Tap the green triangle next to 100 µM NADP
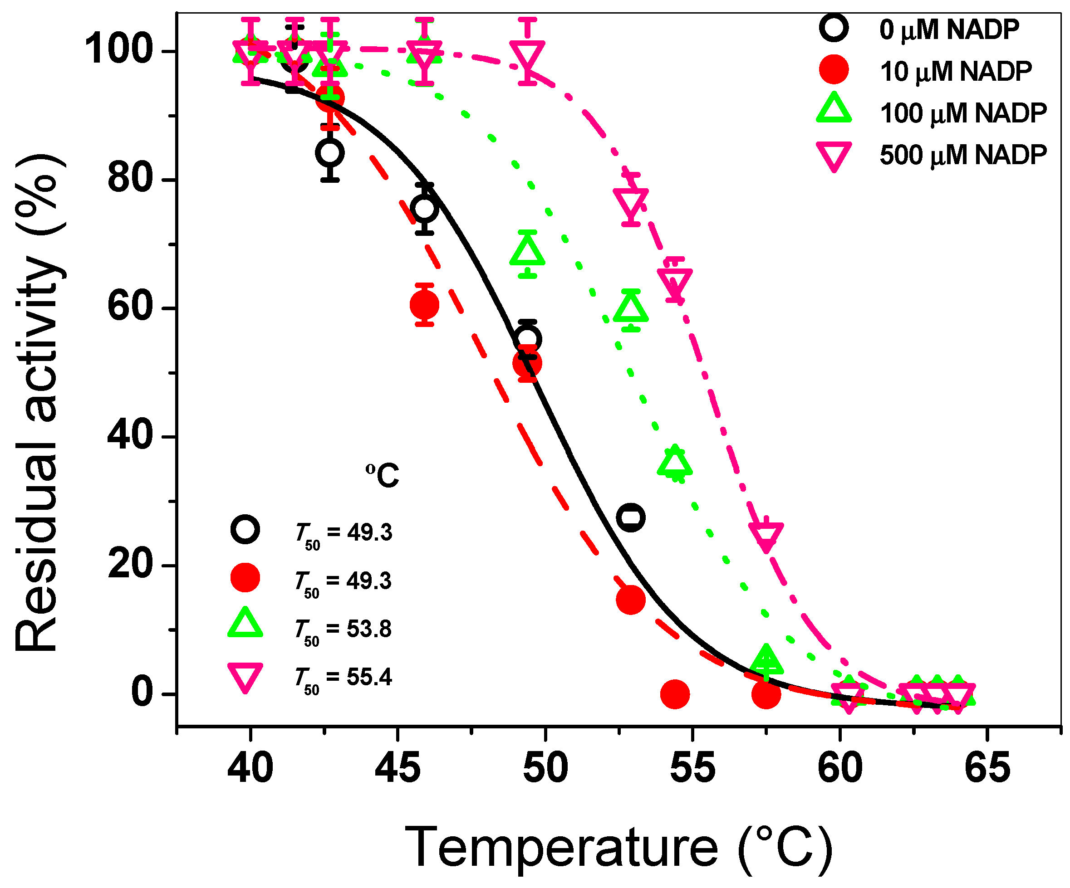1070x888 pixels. tap(834, 109)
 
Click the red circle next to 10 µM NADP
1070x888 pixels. tap(834, 70)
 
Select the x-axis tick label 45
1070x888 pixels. tap(398, 769)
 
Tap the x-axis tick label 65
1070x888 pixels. tap(987, 769)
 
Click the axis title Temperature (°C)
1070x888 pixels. tap(618, 848)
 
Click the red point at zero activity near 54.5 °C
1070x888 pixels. tap(675, 694)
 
